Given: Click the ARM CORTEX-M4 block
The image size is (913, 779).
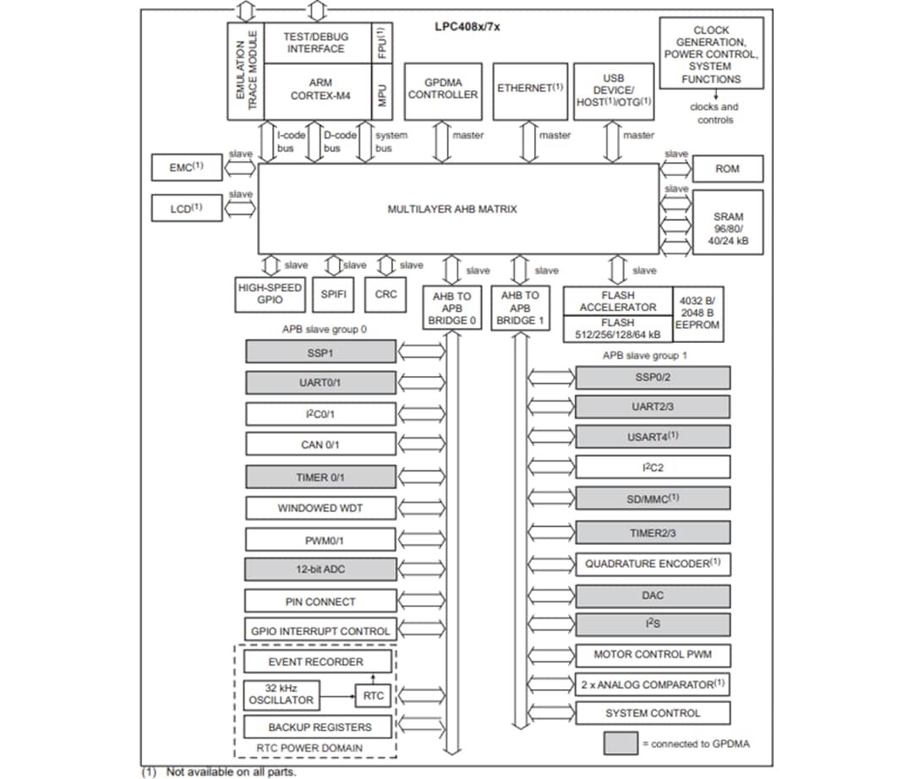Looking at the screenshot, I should [320, 90].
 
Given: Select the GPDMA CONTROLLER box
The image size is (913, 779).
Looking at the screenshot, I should [443, 90].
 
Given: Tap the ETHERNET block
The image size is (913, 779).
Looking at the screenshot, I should [530, 90].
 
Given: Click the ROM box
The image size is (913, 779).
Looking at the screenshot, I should [727, 168].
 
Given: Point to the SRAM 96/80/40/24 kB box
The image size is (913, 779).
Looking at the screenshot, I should [727, 223].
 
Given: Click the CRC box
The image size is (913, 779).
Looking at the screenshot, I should [385, 295].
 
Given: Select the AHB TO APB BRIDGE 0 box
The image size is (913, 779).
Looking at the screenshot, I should [451, 309].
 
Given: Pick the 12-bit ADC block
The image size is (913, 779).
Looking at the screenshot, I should [320, 569].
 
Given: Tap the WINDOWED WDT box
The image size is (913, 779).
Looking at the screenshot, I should [320, 508].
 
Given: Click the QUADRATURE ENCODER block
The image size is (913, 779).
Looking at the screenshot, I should [652, 564].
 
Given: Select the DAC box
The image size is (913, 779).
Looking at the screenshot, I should [652, 596].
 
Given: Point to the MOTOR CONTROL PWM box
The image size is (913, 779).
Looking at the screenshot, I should [652, 655].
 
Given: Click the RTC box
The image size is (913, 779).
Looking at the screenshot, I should [374, 695].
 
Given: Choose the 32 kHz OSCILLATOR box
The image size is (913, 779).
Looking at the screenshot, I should [281, 695].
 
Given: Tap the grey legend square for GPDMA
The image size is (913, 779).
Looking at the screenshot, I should [621, 744].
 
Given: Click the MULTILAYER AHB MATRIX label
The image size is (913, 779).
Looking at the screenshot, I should [451, 209].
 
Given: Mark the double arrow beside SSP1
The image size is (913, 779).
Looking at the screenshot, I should [420, 352].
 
